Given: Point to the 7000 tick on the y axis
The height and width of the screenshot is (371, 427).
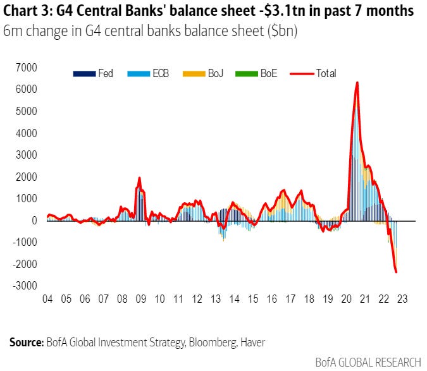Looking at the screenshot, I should [27, 67].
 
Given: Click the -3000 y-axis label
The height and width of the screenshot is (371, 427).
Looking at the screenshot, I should [25, 286].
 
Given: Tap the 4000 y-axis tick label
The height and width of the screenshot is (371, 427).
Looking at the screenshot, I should [27, 133].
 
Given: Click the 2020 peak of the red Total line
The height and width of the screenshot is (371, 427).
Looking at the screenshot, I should [357, 83].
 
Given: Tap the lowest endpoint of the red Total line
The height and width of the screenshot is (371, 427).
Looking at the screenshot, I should [396, 272].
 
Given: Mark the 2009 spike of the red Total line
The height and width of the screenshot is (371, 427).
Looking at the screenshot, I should [139, 178].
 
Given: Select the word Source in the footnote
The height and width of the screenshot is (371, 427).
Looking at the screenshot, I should [25, 342].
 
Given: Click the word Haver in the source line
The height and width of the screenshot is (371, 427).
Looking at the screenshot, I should [252, 342].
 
